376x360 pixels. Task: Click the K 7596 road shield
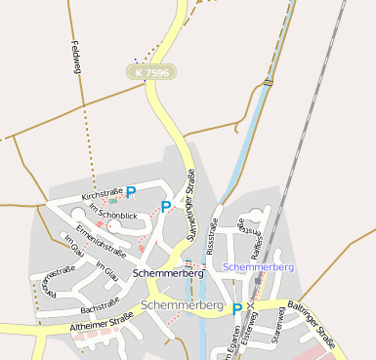coord(152,72)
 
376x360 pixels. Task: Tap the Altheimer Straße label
coord(101,322)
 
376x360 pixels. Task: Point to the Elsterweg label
coord(250,337)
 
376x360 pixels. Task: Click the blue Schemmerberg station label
coord(259,266)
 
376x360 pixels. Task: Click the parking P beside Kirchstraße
coord(131,194)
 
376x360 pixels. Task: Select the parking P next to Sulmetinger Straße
coord(166,206)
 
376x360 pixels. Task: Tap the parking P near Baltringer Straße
coord(237,309)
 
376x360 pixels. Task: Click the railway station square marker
coord(258,281)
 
